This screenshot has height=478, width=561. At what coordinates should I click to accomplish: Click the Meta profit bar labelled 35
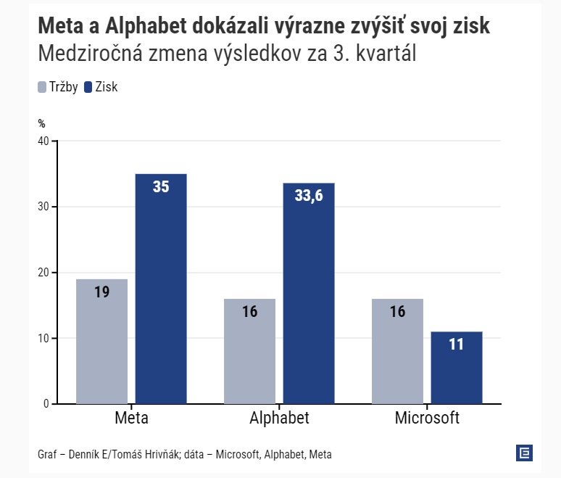161,289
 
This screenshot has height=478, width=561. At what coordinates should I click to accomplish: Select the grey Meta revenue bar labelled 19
101,341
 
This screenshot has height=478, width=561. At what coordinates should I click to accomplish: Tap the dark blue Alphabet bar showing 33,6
309,293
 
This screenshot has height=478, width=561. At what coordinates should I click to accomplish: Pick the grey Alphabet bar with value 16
249,351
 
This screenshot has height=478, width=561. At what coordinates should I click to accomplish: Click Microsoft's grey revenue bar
397,351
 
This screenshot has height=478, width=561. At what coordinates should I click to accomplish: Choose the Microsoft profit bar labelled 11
456,368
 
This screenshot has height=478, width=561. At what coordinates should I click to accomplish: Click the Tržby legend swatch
42,87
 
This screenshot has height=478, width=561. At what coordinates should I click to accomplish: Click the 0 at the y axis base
45,404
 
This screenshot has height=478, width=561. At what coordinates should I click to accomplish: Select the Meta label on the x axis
132,419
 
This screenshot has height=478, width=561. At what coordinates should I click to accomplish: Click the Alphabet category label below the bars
279,419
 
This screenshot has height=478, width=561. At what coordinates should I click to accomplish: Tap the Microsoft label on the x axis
427,419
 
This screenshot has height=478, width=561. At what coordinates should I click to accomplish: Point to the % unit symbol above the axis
41,124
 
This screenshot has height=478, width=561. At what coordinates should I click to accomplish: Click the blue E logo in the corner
524,453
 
